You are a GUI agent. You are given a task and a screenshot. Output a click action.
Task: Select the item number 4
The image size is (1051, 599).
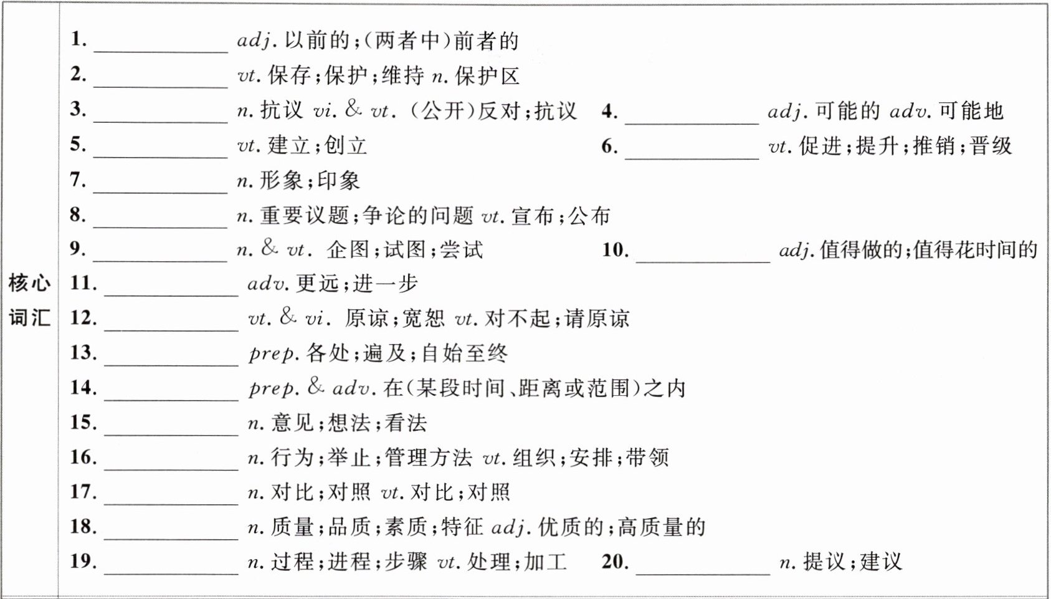coord(609,112)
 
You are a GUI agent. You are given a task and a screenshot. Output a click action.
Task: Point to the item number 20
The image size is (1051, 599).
coord(615,561)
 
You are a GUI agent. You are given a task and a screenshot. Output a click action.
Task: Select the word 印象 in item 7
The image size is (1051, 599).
coord(339,181)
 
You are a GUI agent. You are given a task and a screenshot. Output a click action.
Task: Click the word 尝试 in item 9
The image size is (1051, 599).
coord(462,250)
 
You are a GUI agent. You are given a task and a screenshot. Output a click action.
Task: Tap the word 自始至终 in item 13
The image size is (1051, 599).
coord(465,353)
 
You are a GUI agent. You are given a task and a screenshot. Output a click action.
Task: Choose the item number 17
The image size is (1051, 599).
coord(83,491)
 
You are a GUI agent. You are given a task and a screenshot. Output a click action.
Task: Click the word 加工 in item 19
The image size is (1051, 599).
coord(545,562)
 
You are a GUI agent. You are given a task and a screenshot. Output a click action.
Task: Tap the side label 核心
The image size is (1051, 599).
coord(29,283)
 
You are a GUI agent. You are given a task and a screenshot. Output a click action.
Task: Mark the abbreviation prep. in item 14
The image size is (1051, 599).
coord(273,388)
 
